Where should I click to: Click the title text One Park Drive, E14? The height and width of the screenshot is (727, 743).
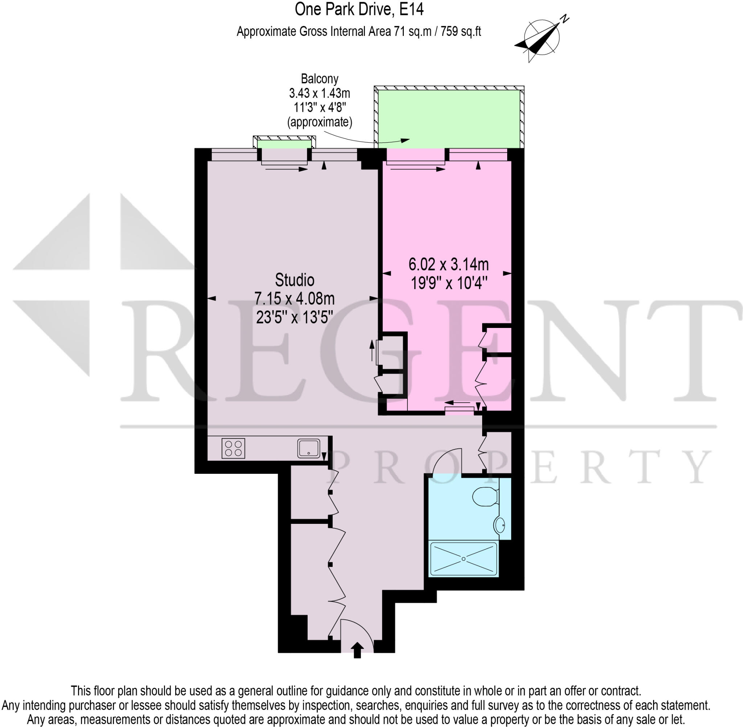359,10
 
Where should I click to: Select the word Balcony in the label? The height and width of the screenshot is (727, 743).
320,79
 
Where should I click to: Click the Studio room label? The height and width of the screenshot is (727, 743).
294,280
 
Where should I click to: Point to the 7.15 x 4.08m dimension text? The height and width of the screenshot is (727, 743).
294,299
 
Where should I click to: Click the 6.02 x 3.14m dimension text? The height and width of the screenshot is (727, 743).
448,264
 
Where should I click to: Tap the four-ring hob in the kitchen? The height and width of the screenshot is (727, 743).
233,448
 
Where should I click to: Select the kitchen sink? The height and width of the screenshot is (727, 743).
308,448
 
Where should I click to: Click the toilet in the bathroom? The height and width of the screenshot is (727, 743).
485,497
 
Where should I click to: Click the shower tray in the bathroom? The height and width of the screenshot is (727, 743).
464,559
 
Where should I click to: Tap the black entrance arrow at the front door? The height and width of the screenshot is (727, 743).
357,650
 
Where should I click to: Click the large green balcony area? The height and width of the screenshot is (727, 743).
449,118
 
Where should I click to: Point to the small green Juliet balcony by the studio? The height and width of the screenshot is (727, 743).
284,144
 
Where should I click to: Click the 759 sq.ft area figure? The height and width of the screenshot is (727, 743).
460,31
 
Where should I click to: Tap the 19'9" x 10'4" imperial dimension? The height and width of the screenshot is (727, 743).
449,283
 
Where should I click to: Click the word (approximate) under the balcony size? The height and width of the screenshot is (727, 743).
320,122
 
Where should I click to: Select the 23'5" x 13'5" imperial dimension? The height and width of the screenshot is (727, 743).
294,317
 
